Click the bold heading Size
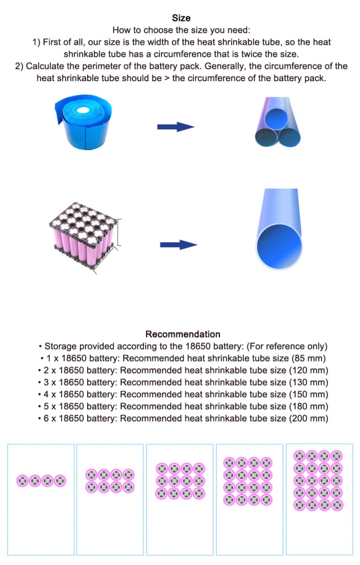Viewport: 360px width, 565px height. [181, 18]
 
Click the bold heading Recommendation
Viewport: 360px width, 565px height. [182, 334]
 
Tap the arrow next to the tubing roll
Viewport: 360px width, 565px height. [175, 127]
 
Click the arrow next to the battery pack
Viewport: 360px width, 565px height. [178, 244]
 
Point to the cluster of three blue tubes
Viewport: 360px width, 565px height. [279, 123]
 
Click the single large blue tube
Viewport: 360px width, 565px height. [280, 229]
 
